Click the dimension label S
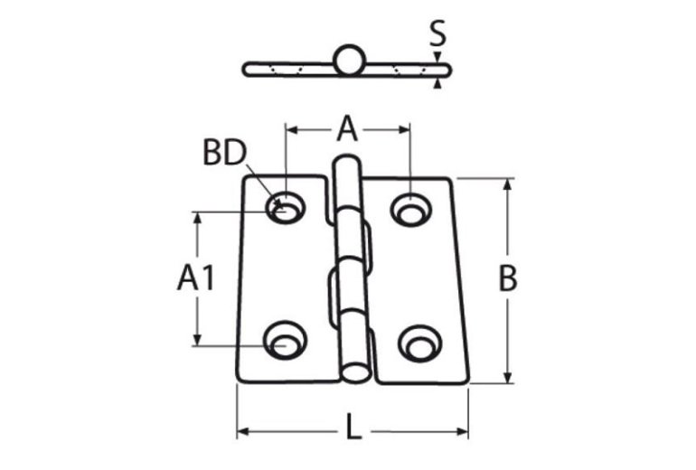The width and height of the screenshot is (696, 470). [x=437, y=34]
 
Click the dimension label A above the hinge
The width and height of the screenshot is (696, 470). [x=348, y=130]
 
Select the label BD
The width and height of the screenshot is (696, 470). [x=224, y=154]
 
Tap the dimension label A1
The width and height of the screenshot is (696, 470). [x=196, y=279]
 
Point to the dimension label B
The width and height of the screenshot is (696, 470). [x=508, y=279]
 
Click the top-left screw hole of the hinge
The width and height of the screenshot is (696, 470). [x=284, y=209]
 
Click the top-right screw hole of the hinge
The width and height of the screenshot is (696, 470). [x=411, y=209]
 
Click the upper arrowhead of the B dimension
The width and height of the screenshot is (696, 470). [x=508, y=184]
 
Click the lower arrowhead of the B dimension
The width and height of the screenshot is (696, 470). [x=508, y=378]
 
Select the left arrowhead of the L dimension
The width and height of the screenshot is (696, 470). [x=243, y=428]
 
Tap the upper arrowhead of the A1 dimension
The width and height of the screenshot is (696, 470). [x=196, y=219]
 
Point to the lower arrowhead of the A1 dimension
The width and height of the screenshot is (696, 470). [x=196, y=340]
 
